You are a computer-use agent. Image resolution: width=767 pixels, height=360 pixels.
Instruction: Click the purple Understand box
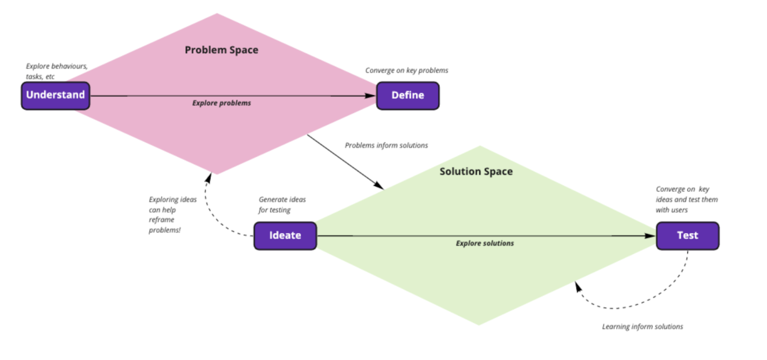tap(55, 95)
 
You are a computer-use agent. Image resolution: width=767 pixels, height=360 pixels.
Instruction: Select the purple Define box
tap(407, 95)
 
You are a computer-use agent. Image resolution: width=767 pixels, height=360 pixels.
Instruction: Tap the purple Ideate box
tap(285, 236)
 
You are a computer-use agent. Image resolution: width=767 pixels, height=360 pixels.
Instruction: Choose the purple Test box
tap(687, 236)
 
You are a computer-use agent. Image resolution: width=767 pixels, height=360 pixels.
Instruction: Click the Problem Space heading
tap(221, 50)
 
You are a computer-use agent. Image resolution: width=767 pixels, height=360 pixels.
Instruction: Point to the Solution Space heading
tap(476, 172)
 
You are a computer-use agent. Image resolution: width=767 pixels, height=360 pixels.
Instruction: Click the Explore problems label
tap(221, 103)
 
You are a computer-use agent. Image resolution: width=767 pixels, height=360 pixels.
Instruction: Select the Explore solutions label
tap(485, 244)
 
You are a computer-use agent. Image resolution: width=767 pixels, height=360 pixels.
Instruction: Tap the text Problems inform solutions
tap(387, 146)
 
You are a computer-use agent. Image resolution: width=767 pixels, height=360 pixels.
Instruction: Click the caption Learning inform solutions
tap(643, 326)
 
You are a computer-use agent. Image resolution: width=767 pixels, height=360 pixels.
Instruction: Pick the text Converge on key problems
tap(407, 71)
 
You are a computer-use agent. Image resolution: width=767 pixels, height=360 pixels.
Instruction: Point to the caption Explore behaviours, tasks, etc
tap(56, 71)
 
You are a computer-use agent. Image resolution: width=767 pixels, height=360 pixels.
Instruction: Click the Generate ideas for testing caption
tap(282, 205)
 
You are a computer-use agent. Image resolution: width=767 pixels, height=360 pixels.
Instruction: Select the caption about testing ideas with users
tap(687, 200)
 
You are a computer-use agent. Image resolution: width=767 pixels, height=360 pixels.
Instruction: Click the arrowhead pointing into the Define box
tap(371, 95)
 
